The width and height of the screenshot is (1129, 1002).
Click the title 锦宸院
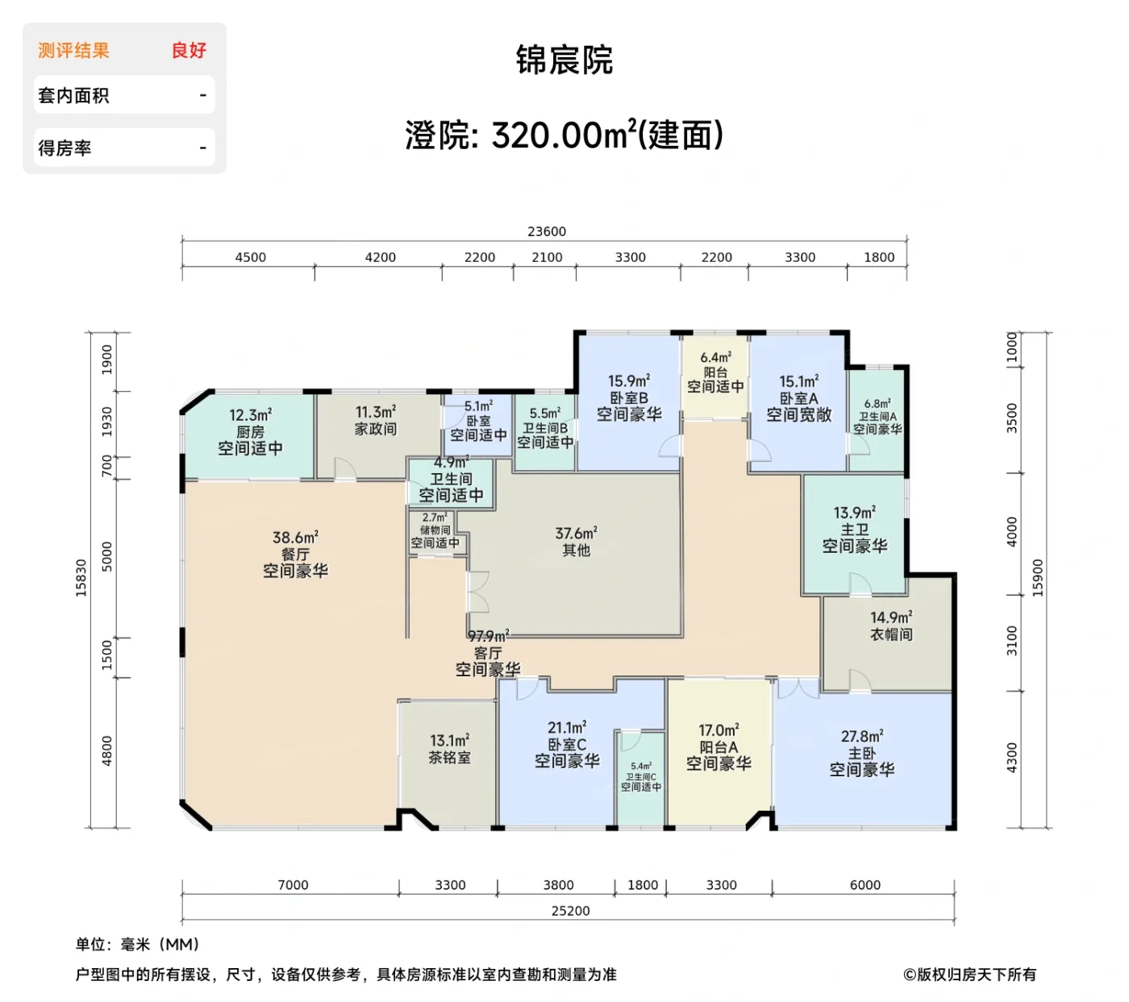pyautogui.click(x=564, y=60)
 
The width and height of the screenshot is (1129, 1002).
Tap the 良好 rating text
pyautogui.click(x=189, y=51)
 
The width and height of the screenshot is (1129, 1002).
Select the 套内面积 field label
pyautogui.click(x=73, y=96)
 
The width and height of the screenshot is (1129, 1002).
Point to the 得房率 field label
pyautogui.click(x=65, y=148)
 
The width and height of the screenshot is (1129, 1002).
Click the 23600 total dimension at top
pyautogui.click(x=547, y=231)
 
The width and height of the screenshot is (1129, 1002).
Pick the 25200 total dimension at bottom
pyautogui.click(x=570, y=911)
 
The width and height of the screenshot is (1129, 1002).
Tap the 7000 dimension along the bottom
pyautogui.click(x=293, y=885)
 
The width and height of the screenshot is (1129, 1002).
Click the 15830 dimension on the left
pyautogui.click(x=81, y=578)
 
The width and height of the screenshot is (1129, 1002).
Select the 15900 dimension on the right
pyautogui.click(x=1038, y=578)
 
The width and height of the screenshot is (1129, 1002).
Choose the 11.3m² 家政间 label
pyautogui.click(x=376, y=421)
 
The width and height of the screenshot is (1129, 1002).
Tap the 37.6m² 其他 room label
pyautogui.click(x=576, y=542)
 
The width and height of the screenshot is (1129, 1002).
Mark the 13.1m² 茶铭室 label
pyautogui.click(x=449, y=749)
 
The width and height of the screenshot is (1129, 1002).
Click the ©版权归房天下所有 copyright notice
pyautogui.click(x=969, y=975)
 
